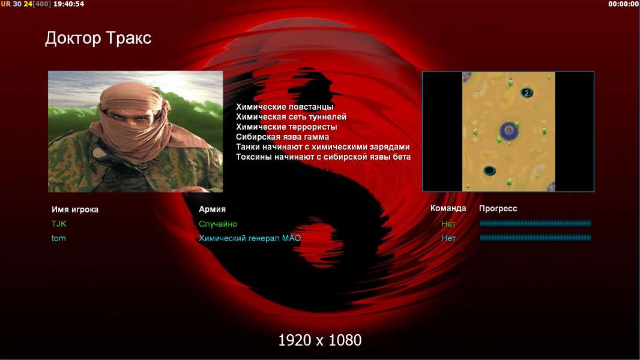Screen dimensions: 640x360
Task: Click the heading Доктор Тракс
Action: pos(98,38)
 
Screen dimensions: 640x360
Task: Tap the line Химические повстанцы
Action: pos(285,107)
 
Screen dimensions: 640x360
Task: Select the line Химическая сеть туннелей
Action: pos(291,117)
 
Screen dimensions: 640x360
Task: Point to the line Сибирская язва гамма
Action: pos(282,137)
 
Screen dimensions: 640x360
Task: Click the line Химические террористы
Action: pos(286,127)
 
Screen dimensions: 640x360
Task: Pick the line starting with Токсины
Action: pos(323,157)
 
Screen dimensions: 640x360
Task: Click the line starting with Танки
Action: pos(323,147)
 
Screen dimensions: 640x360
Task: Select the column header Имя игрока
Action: pos(74,209)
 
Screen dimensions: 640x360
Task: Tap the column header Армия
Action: pos(213,209)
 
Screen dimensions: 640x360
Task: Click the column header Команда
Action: pos(448,208)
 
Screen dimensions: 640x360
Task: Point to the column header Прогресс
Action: pos(498,209)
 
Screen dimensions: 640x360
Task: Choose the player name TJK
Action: pos(59,224)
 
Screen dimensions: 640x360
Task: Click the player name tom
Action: pos(58,238)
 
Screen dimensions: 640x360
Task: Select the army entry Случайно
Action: pos(217,224)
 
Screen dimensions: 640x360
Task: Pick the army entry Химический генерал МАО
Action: pos(250,238)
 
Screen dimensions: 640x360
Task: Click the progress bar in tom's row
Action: pos(536,238)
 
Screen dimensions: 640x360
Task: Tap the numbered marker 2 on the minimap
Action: pos(527,93)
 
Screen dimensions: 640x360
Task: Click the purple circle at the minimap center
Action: pos(509,130)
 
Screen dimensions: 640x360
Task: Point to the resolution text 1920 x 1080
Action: pos(320,340)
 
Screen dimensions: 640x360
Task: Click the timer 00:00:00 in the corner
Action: pos(623,4)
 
